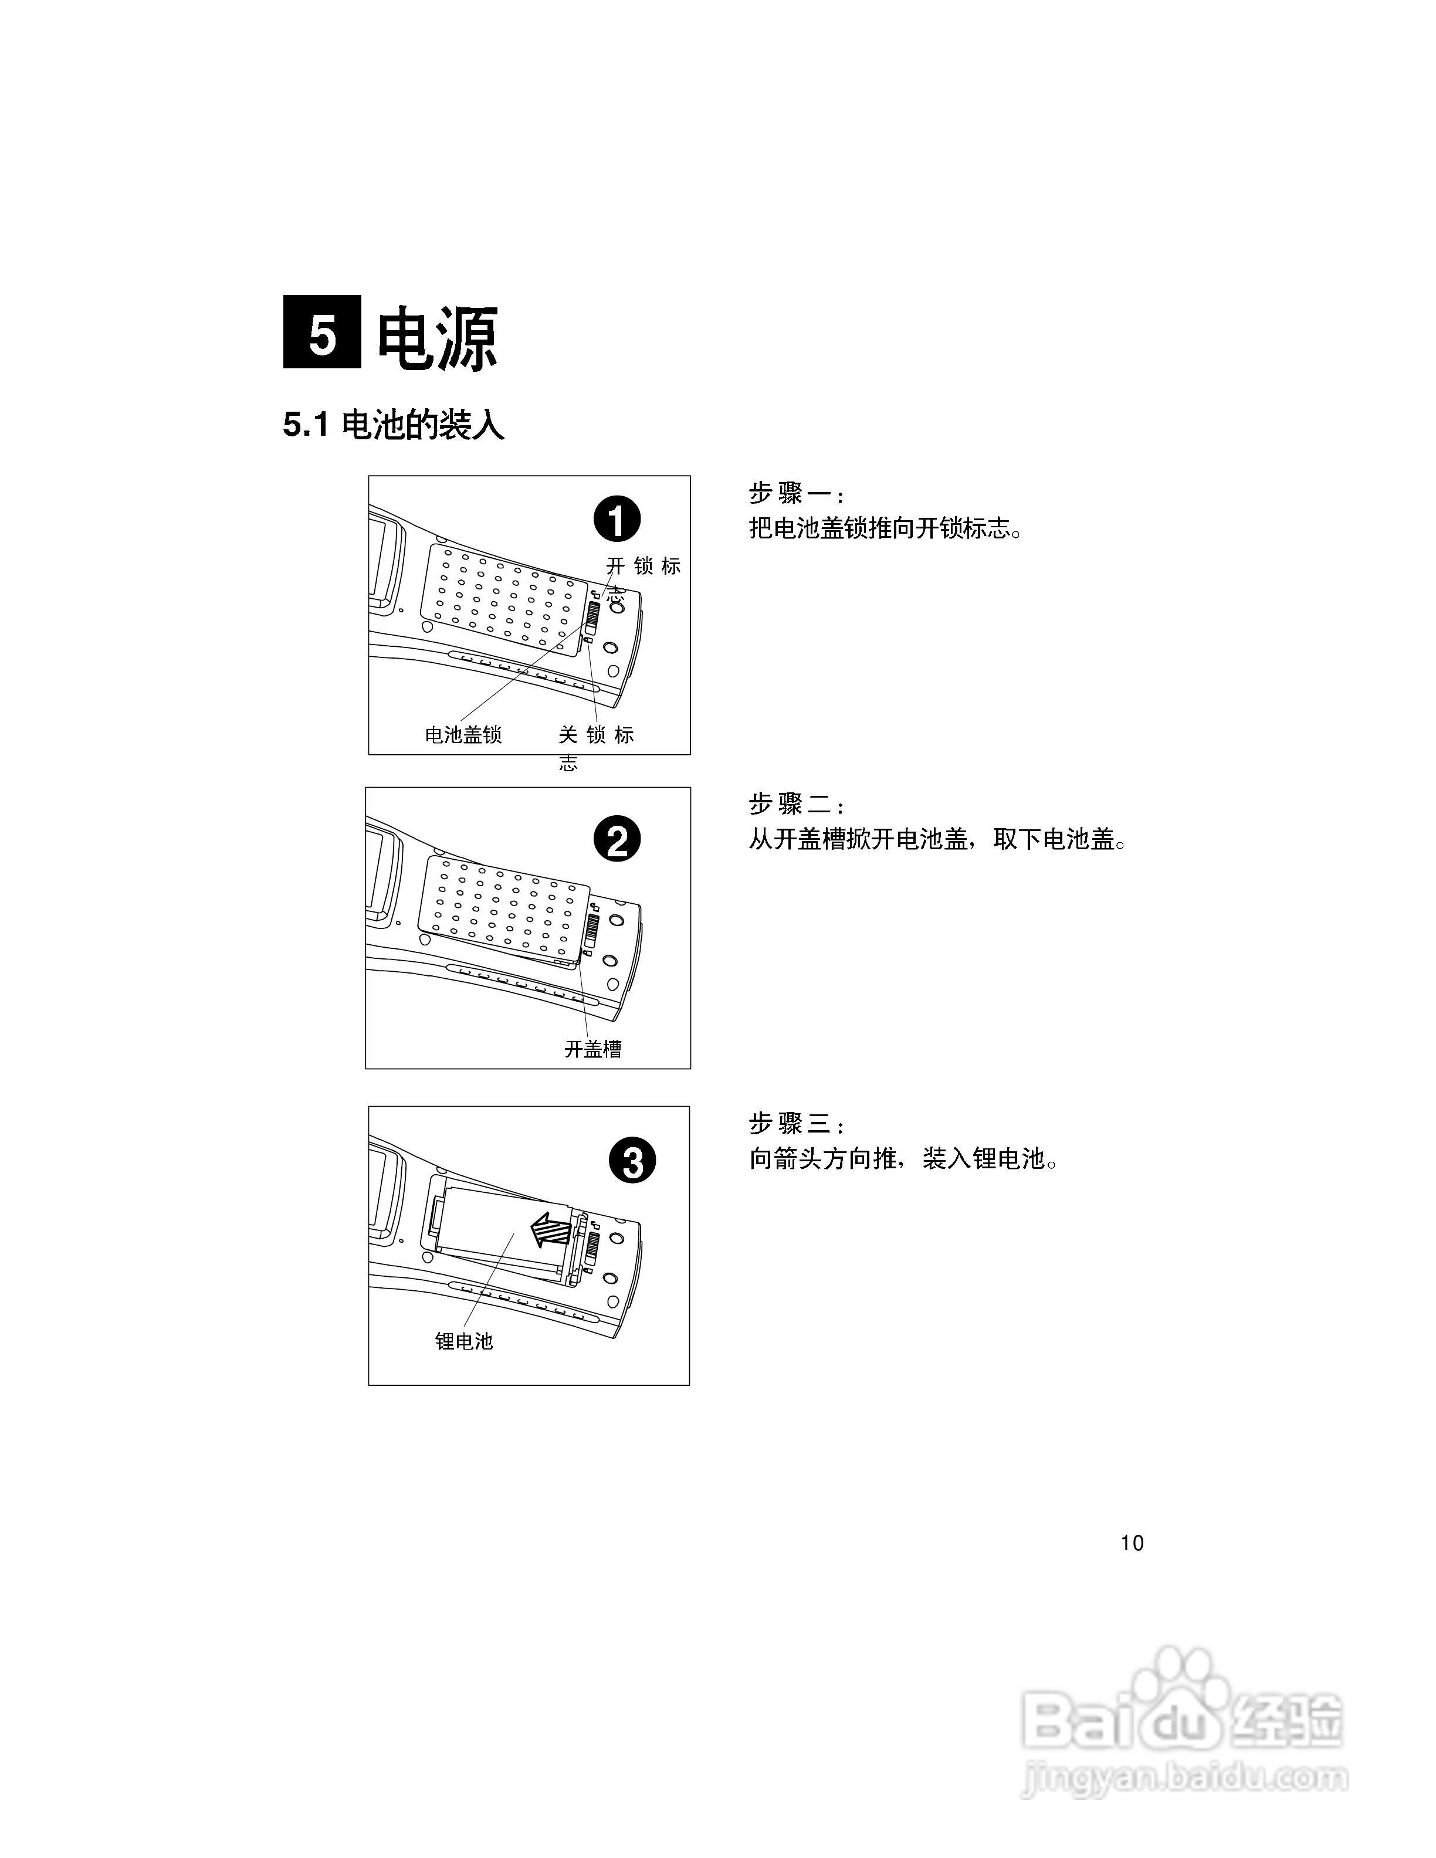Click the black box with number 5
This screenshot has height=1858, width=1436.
pyautogui.click(x=321, y=332)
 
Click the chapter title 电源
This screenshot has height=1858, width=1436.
pyautogui.click(x=437, y=338)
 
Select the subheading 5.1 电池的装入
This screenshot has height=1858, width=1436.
pyautogui.click(x=393, y=425)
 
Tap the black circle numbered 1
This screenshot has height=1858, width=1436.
pyautogui.click(x=617, y=520)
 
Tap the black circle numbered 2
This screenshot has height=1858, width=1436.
pyautogui.click(x=617, y=840)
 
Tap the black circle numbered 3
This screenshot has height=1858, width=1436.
pyautogui.click(x=633, y=1161)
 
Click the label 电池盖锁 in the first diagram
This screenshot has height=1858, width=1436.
pyautogui.click(x=463, y=734)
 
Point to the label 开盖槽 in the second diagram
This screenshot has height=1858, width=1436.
pyautogui.click(x=593, y=1049)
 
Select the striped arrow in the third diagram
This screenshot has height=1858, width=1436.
pyautogui.click(x=550, y=1229)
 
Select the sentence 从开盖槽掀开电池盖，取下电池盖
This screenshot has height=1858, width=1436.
pyautogui.click(x=937, y=840)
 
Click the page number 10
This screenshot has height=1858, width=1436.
pyautogui.click(x=1132, y=1543)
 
